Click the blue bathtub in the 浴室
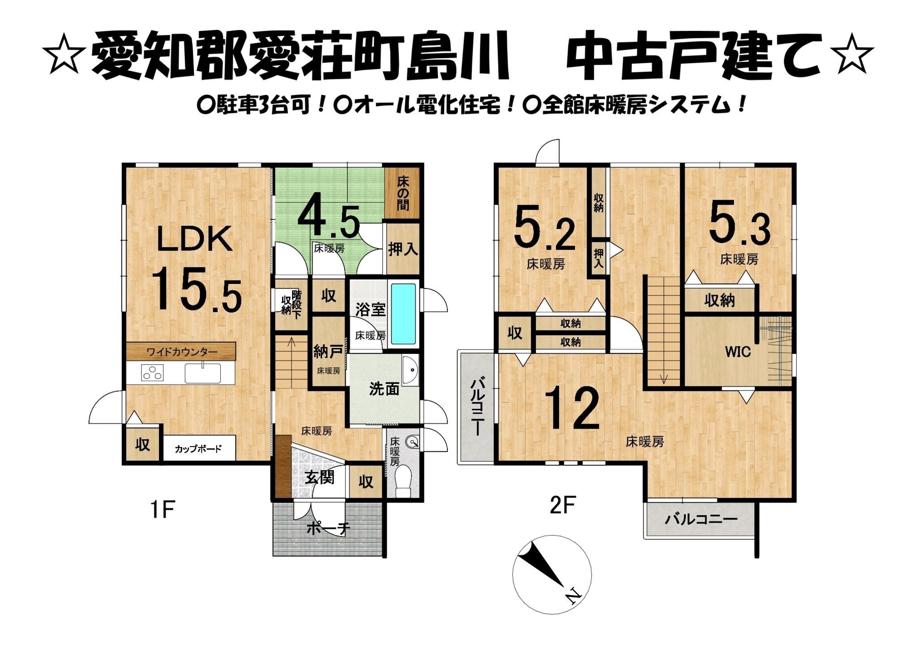[403, 314]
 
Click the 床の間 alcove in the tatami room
[403, 193]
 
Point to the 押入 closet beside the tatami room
[403, 250]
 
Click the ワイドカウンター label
[182, 352]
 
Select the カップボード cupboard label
[198, 448]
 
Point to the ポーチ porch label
[328, 529]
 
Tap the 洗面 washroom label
[384, 389]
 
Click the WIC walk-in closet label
[737, 352]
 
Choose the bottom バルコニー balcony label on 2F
[701, 519]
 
